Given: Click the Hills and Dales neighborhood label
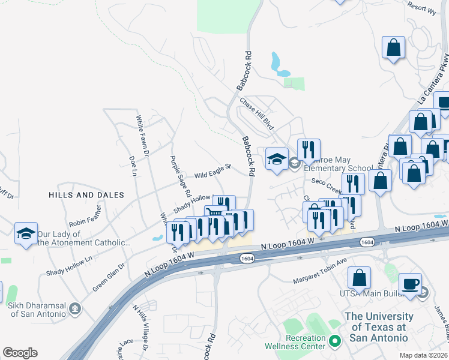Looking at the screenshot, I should coord(86,195).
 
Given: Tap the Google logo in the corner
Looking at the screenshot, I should coord(20,353).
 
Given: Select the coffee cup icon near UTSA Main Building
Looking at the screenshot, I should coord(410,284).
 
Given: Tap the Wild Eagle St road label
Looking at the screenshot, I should coord(212,172).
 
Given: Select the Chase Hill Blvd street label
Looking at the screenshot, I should coord(257,114).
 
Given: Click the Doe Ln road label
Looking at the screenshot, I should coord(133,166).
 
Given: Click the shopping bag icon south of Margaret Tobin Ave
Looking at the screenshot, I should coord(359,278).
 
